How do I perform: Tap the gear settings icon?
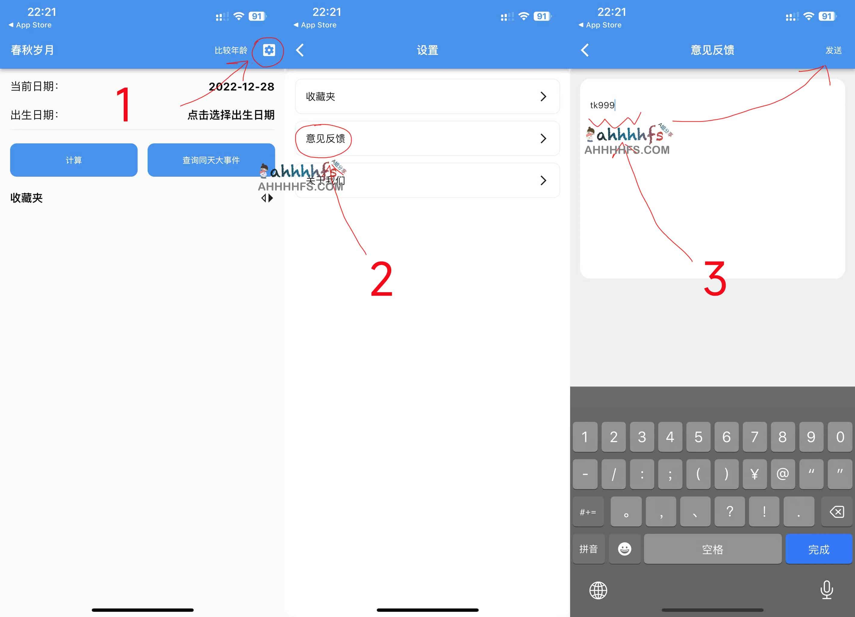point(269,50)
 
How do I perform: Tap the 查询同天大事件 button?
point(211,160)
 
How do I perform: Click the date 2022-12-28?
point(241,87)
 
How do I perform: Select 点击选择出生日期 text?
point(231,115)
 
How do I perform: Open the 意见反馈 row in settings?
point(427,138)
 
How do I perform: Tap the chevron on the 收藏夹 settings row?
point(543,96)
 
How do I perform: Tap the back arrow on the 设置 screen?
point(300,50)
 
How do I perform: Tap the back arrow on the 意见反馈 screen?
point(585,50)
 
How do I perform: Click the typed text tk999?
point(602,105)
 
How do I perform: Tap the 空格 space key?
point(712,549)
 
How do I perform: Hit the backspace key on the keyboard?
point(837,512)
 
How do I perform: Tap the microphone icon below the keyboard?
point(826,590)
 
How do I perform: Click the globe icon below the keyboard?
point(598,590)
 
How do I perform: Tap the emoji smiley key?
point(624,549)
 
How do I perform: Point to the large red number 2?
point(381,279)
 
